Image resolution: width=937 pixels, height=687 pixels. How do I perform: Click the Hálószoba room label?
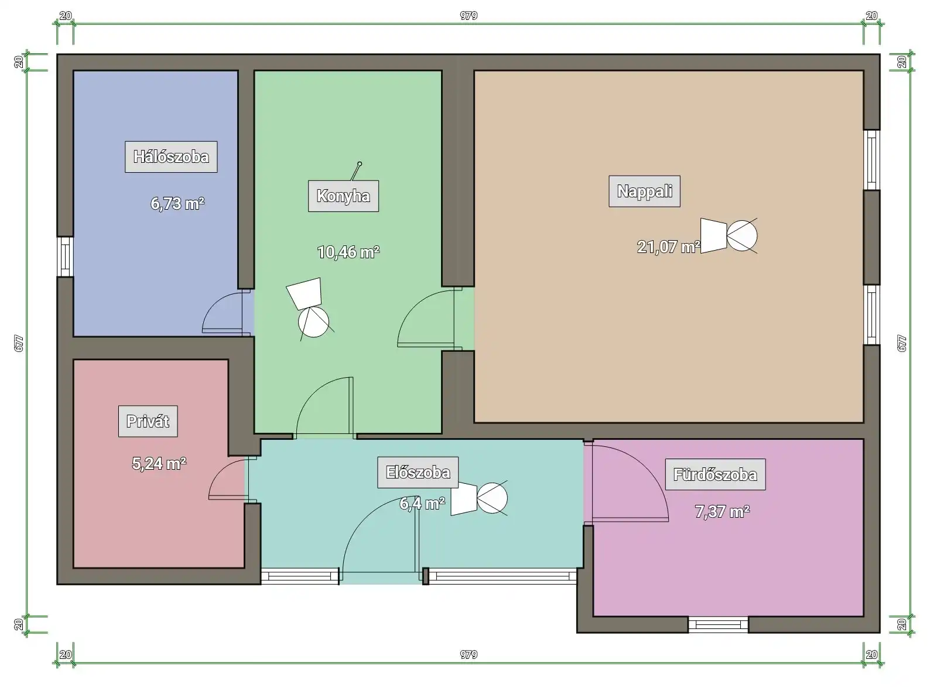[x=171, y=157]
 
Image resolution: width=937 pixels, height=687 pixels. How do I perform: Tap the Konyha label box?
[x=343, y=196]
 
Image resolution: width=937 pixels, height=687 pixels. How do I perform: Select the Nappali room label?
[x=645, y=191]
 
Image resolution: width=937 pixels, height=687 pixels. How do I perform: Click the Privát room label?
[x=148, y=421]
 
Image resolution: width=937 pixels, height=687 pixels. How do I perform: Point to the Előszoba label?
[x=418, y=473]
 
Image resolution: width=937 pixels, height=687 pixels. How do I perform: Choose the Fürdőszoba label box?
[x=715, y=474]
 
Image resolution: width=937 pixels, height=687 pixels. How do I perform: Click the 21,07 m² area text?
[x=668, y=247]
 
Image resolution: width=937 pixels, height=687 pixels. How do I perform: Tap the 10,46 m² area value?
[x=348, y=252]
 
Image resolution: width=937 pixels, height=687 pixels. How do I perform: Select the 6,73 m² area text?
[x=177, y=204]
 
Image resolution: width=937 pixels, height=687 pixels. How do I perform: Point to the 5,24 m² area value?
[x=159, y=464]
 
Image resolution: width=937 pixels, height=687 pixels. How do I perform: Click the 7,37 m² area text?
[x=723, y=512]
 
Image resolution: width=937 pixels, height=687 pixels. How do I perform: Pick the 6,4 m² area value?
[x=422, y=504]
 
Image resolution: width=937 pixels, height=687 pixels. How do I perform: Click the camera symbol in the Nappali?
[x=729, y=235]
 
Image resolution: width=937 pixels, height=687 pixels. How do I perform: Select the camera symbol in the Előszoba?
[x=480, y=498]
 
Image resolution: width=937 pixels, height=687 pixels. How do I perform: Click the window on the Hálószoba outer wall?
[x=65, y=257]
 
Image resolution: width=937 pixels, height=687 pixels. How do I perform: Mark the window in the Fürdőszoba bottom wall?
[x=718, y=625]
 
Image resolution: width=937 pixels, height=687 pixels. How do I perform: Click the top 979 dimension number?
[x=468, y=15]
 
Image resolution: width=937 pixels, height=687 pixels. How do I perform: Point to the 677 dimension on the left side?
[x=19, y=343]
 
